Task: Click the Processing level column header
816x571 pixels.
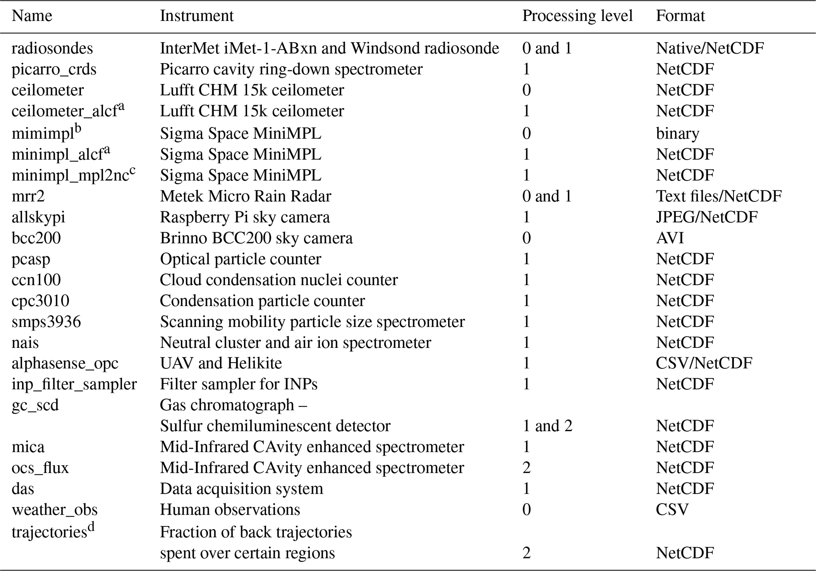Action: [577, 16]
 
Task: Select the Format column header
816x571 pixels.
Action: [680, 16]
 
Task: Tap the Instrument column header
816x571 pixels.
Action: [197, 16]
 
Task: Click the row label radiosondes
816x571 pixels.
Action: [52, 48]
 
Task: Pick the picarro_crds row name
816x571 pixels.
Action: [54, 69]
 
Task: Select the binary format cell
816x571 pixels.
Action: [677, 133]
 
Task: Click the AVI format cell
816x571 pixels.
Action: [670, 238]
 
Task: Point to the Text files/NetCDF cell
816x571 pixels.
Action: [718, 196]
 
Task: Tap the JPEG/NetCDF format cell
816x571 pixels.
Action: [707, 217]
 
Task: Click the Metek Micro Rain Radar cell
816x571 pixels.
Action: [245, 196]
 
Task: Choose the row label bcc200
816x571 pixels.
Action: [36, 238]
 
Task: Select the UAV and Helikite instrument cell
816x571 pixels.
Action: [221, 363]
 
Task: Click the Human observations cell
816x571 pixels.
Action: [230, 509]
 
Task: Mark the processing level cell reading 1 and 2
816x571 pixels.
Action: [547, 426]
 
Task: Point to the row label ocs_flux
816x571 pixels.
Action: [40, 468]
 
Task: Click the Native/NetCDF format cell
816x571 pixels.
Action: [710, 48]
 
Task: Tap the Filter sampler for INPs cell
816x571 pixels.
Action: [238, 384]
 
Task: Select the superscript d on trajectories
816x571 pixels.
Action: [91, 526]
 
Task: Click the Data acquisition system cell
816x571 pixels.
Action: [241, 488]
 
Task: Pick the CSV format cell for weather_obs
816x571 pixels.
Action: [672, 509]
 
